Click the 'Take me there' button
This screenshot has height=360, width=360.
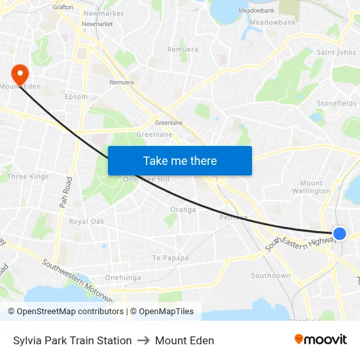[180, 160]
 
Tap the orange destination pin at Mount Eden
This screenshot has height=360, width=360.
[20, 75]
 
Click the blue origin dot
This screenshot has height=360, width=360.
[339, 233]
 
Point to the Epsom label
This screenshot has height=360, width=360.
[76, 97]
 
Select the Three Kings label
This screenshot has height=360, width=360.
[27, 177]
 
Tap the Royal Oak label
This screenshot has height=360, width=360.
[86, 221]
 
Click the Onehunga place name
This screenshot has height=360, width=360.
[123, 278]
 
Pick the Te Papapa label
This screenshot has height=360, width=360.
[170, 258]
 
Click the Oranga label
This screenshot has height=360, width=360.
[183, 209]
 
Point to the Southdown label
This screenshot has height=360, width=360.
[270, 276]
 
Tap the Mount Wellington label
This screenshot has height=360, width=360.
[312, 187]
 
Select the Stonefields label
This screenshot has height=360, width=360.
[336, 103]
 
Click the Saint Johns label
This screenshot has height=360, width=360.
[336, 52]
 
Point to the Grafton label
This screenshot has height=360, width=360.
[63, 7]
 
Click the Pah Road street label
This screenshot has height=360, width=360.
[65, 192]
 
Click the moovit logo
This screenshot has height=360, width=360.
[320, 339]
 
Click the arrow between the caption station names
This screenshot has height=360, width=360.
[143, 340]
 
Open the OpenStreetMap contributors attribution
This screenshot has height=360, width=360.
[70, 312]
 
